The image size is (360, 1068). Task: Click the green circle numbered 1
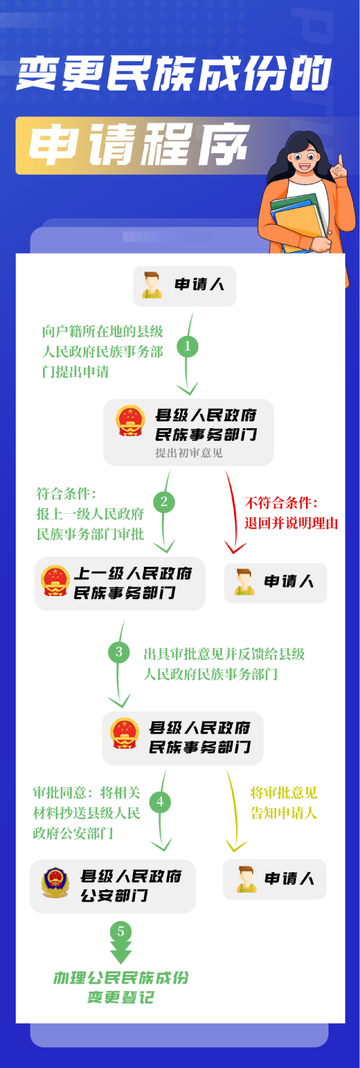(x=187, y=346)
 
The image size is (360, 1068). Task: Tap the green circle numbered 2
(x=164, y=501)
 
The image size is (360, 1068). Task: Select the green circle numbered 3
(x=119, y=652)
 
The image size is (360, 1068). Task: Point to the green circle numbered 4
(x=160, y=802)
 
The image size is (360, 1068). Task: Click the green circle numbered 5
(x=120, y=931)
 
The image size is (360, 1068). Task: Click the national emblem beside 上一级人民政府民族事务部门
(x=55, y=581)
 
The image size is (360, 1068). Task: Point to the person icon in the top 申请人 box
(x=151, y=285)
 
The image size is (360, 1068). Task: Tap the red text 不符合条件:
(x=281, y=502)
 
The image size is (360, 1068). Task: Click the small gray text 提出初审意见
(x=189, y=453)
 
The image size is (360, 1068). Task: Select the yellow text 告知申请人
(x=284, y=813)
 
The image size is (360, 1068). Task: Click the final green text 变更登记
(x=120, y=998)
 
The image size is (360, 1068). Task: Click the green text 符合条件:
(x=66, y=493)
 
